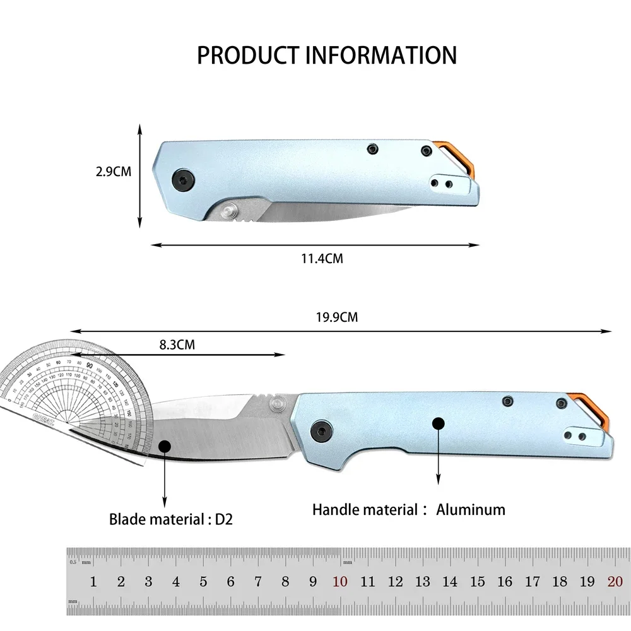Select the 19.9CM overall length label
[337, 317]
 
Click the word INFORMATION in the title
[381, 55]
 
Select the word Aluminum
[471, 509]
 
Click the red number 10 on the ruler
[340, 582]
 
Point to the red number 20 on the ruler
[615, 582]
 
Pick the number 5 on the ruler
[203, 582]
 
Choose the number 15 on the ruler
[478, 582]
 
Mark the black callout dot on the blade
[165, 445]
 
